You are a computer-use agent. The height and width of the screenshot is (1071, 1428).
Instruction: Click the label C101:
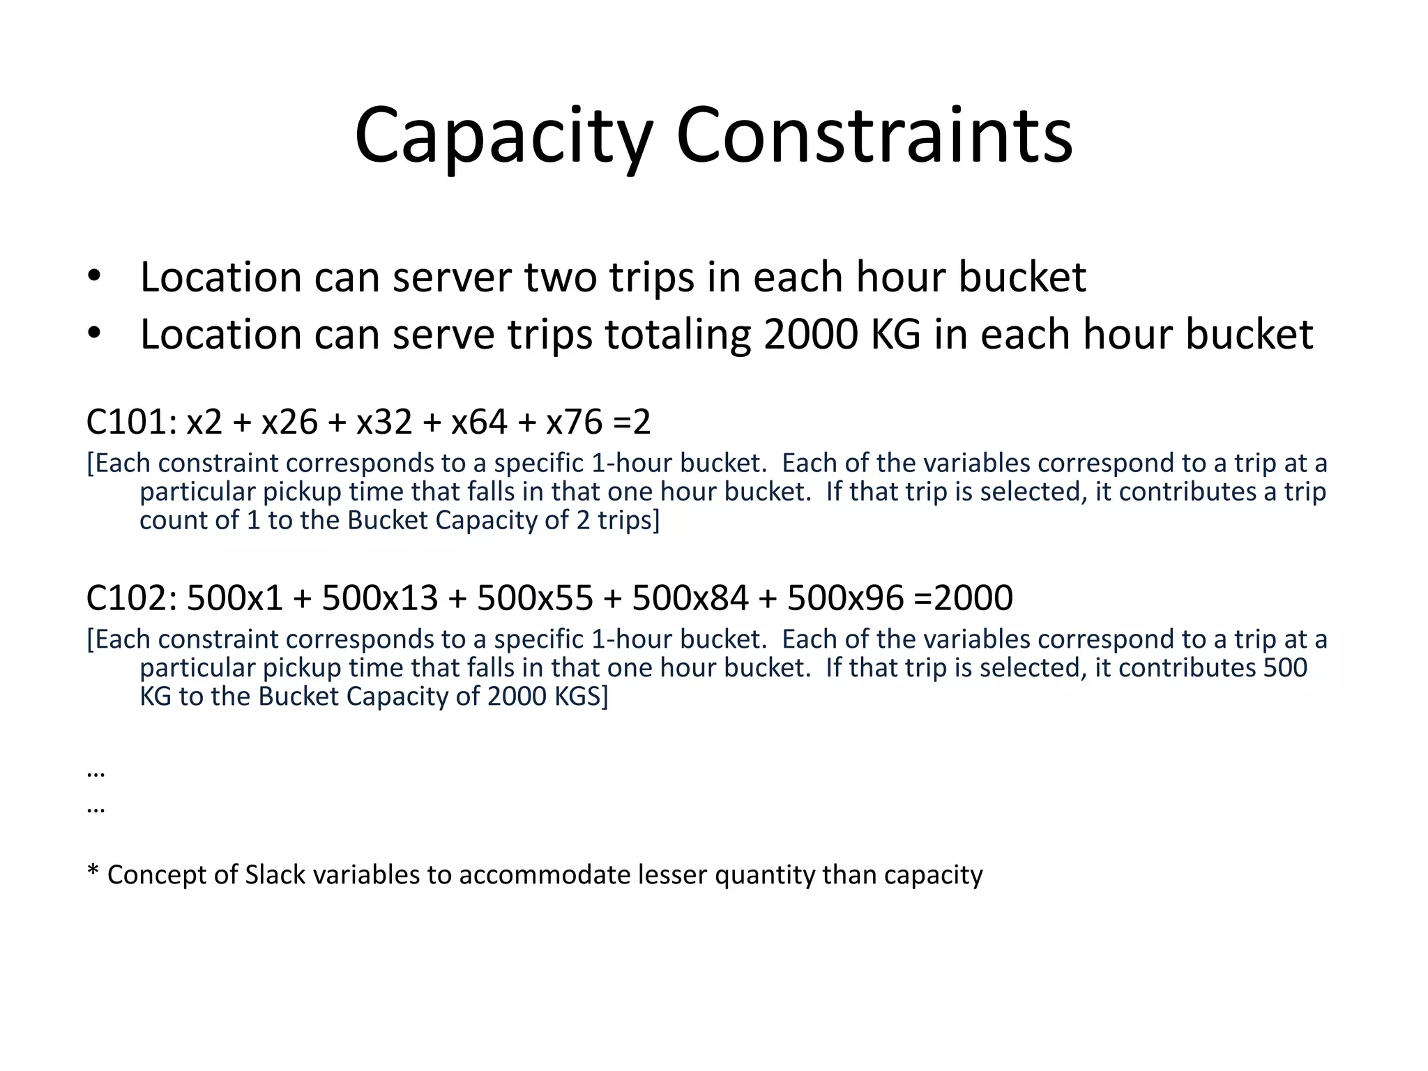[130, 422]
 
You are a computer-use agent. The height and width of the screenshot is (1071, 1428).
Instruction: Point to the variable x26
[289, 422]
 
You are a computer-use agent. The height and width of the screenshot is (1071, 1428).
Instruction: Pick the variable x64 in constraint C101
[479, 422]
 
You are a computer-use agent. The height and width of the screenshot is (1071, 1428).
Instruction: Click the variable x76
[574, 422]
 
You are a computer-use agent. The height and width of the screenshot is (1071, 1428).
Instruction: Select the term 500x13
[379, 598]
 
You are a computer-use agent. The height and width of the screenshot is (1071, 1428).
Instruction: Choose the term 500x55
[535, 598]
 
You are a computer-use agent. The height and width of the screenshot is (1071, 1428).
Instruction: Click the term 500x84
[690, 598]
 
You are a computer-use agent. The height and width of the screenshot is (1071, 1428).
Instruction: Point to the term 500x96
[845, 598]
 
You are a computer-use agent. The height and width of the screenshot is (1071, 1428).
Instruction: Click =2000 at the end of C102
[963, 598]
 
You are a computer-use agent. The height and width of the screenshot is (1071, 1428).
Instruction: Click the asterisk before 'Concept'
[93, 872]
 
